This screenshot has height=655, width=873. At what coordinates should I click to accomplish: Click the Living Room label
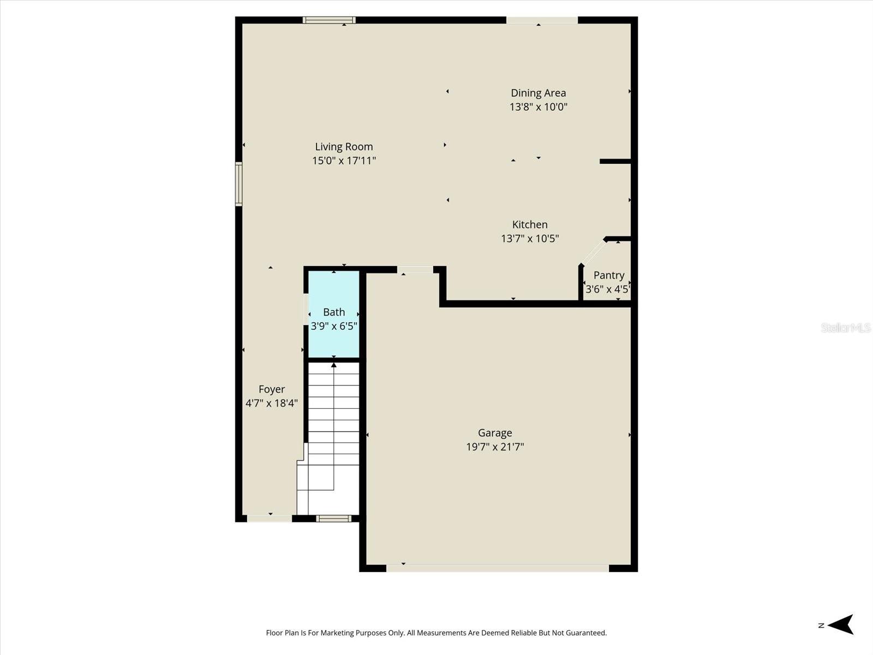(x=344, y=146)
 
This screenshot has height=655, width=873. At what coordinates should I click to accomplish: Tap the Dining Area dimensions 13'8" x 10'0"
(x=538, y=107)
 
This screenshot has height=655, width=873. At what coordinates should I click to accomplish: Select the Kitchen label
(x=529, y=224)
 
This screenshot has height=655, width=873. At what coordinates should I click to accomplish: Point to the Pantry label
(x=608, y=275)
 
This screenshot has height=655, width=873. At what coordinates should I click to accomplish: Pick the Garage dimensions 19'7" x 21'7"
(x=495, y=447)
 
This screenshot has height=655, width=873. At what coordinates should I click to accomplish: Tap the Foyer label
(x=271, y=389)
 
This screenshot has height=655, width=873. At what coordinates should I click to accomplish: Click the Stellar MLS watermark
(x=845, y=327)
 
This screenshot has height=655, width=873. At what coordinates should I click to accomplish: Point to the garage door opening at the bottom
(x=497, y=568)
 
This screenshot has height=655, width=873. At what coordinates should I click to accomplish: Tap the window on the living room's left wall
(x=238, y=184)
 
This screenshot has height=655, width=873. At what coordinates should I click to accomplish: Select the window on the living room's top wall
(x=329, y=20)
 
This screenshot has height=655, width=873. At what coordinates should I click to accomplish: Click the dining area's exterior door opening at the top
(x=542, y=20)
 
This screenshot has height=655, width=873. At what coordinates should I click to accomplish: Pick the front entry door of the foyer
(x=270, y=518)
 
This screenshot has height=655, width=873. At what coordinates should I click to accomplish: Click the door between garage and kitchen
(x=415, y=270)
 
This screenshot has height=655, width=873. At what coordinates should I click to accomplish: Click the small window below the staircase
(x=334, y=519)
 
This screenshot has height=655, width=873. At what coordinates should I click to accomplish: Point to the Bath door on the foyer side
(x=306, y=309)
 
